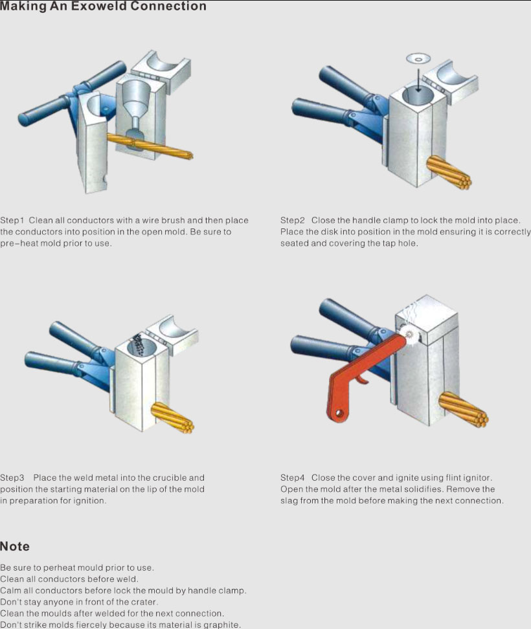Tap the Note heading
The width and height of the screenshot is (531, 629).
click(x=15, y=546)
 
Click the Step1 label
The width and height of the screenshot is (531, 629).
click(x=12, y=220)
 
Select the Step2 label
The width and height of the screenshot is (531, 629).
click(x=293, y=220)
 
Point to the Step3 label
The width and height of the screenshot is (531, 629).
click(x=12, y=478)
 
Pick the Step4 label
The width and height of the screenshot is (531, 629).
click(x=293, y=478)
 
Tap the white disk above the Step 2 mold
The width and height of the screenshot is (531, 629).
click(x=418, y=59)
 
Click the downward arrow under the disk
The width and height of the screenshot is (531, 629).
click(x=418, y=80)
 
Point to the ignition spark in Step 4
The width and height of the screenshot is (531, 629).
click(x=409, y=334)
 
